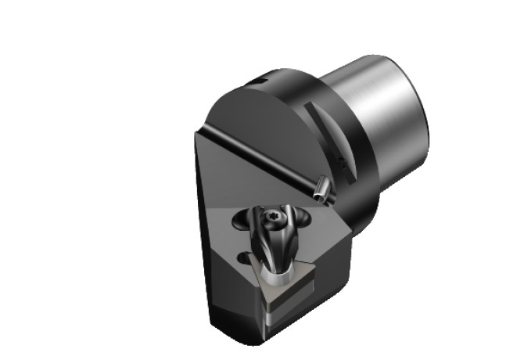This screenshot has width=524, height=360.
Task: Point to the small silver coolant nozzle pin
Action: (x=321, y=188)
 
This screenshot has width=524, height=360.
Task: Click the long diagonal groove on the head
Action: (x=266, y=160)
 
